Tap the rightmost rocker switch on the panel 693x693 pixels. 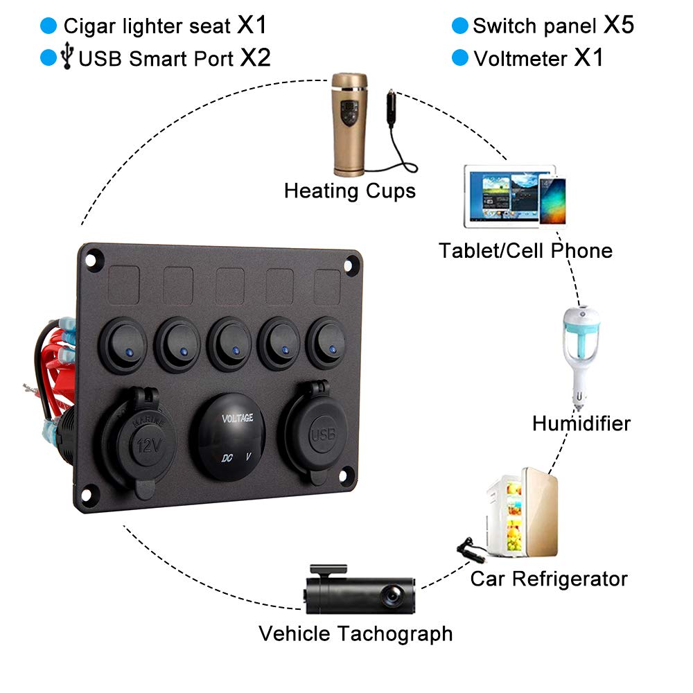328,342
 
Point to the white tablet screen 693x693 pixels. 502,196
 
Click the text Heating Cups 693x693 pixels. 350,190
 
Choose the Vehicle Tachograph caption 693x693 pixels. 356,633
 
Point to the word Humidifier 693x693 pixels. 581,423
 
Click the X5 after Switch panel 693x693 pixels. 618,26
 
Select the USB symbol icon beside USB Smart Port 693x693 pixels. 67,57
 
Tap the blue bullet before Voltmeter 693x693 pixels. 459,58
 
